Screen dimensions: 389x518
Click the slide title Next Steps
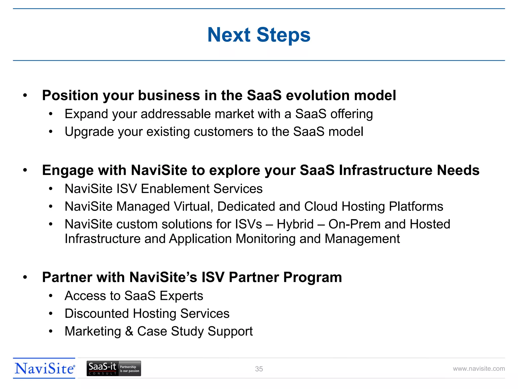point(259,35)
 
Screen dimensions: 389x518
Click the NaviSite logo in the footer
point(45,368)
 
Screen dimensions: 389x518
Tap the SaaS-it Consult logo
point(114,368)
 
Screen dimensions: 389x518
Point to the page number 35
point(259,369)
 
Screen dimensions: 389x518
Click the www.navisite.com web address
point(479,369)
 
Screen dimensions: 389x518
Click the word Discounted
point(97,314)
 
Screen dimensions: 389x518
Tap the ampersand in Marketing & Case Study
point(129,331)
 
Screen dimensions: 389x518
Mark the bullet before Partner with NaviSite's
point(25,278)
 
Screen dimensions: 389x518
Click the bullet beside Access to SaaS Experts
point(51,296)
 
